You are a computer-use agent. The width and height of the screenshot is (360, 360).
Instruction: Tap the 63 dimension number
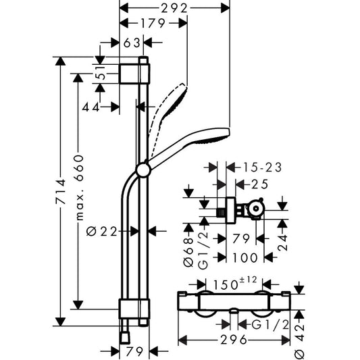pyautogui.click(x=132, y=43)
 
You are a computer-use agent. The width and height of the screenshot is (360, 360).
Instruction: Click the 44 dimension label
pyautogui.click(x=92, y=107)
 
